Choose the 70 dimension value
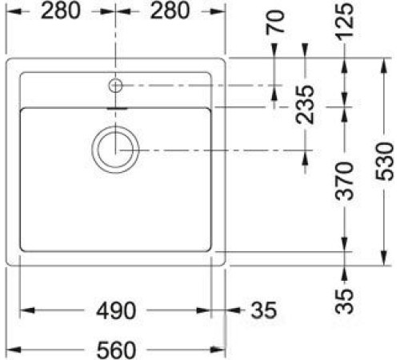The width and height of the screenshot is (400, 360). [276, 22]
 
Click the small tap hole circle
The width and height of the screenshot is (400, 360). [116, 84]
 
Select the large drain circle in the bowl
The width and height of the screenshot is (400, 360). [116, 149]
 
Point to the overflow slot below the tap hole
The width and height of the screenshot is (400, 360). [116, 104]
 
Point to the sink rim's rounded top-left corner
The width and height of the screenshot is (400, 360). [10, 62]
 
